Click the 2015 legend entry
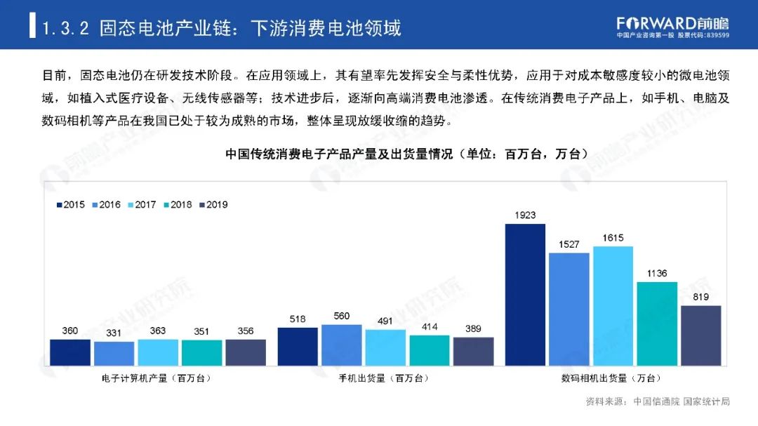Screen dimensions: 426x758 coord(70,205)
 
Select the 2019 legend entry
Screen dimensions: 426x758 coord(213,205)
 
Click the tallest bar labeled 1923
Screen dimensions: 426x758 coord(525,294)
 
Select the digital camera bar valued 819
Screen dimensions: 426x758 coord(700,335)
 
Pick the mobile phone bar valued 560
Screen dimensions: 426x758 coord(342,345)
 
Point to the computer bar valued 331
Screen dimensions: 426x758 coord(114,353)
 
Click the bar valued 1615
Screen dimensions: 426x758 coord(613,305)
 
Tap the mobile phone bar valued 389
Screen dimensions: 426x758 coord(473,351)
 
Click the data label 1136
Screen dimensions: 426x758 coord(657,273)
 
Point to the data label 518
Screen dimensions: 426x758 coord(298,319)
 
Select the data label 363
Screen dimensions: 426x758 coord(157,331)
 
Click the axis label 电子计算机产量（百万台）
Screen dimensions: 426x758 coord(157,378)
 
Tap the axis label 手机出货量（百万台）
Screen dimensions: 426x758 coord(385,378)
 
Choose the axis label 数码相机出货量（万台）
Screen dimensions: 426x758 coord(613,378)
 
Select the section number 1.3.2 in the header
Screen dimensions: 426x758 coord(65,28)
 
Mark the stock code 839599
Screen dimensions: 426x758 coord(714,36)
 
